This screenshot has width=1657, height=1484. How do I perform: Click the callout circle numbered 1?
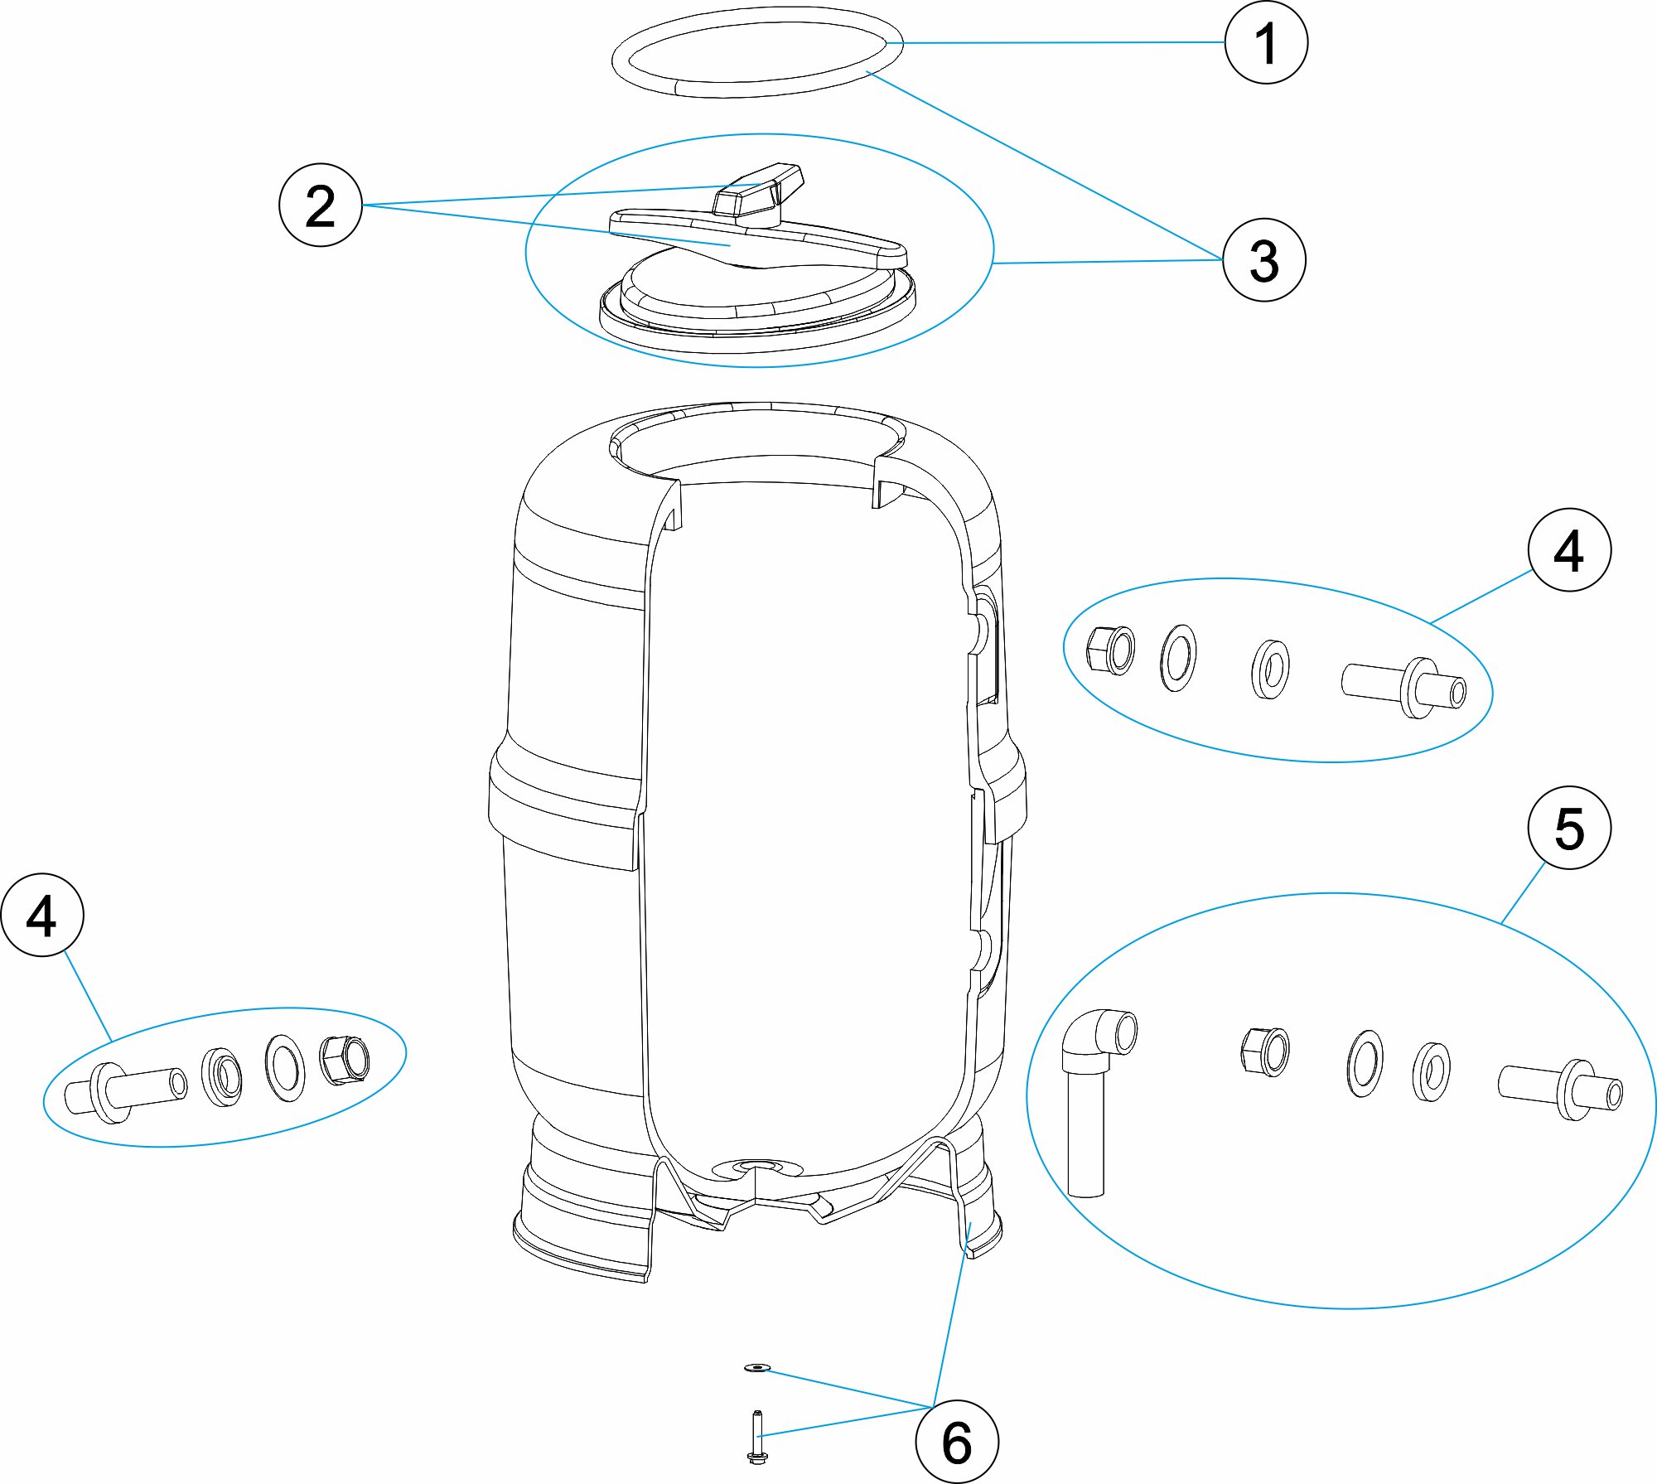click(1266, 42)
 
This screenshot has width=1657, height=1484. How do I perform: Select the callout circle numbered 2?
click(321, 205)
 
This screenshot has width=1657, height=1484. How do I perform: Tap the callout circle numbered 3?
click(1264, 260)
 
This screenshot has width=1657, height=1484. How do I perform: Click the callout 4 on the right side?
click(1569, 549)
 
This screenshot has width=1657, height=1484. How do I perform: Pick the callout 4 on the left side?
click(42, 915)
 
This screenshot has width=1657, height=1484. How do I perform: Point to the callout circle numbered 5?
click(1569, 828)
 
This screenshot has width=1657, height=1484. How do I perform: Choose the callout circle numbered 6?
click(957, 1442)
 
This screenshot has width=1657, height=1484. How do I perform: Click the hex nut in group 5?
click(1265, 1051)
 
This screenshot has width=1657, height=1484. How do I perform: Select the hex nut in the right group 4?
click(1110, 650)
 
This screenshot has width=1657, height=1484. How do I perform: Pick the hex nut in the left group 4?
click(345, 1059)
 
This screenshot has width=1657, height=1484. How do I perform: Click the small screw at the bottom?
click(756, 1436)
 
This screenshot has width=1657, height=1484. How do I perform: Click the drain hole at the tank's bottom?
click(757, 1167)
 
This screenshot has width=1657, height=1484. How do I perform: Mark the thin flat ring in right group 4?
click(1178, 658)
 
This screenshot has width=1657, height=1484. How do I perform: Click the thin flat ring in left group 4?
click(284, 1067)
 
